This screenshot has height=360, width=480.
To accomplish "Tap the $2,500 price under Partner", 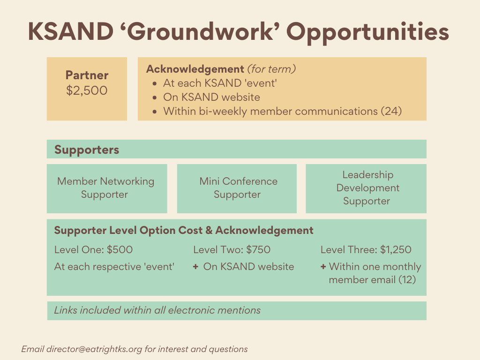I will [x=87, y=90].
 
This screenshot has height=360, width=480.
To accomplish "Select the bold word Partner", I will [x=87, y=75].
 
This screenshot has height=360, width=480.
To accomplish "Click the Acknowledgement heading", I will [x=195, y=69].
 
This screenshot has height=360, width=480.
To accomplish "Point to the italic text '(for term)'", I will [x=271, y=69].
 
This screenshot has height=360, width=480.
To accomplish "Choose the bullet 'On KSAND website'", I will [x=211, y=97].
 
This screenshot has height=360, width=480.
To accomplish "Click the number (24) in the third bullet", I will [x=391, y=112].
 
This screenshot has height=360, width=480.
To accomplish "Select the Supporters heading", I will [x=87, y=150].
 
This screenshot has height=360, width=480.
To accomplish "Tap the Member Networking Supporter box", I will [x=106, y=188].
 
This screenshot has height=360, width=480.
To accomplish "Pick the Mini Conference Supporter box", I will [x=237, y=188].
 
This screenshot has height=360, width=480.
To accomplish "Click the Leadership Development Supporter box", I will [x=366, y=188].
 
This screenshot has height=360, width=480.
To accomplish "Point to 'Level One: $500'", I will [x=93, y=250].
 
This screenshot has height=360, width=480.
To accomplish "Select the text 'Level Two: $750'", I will [x=232, y=250].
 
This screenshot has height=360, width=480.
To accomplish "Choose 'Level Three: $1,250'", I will [x=366, y=250].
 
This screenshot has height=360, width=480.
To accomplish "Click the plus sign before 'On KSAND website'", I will [x=195, y=267].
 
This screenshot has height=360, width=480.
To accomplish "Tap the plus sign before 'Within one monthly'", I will [x=323, y=267].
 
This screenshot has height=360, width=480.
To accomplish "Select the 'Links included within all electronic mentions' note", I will [x=157, y=310].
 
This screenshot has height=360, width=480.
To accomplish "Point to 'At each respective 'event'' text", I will [x=114, y=267].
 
